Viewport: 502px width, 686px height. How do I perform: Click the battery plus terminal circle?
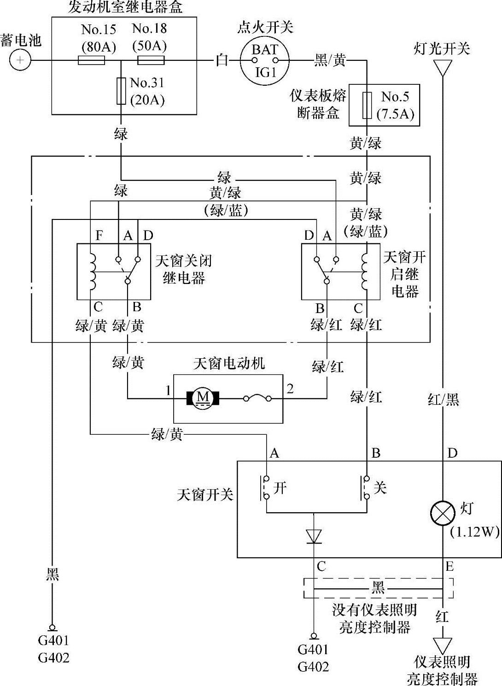pyautogui.click(x=20, y=60)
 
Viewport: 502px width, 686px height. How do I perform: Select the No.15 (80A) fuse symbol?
pyautogui.click(x=92, y=60)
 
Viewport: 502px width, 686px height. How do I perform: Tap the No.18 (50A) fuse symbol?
pyautogui.click(x=151, y=60)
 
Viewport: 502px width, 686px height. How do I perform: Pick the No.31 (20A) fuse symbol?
pyautogui.click(x=121, y=91)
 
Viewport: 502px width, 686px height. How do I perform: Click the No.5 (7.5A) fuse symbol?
pyautogui.click(x=367, y=105)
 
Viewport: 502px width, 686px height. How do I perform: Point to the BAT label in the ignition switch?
pyautogui.click(x=265, y=49)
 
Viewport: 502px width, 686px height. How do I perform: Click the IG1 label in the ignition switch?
pyautogui.click(x=266, y=72)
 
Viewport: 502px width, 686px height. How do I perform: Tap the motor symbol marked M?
pyautogui.click(x=203, y=398)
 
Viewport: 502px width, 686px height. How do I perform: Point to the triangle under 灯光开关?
pyautogui.click(x=442, y=68)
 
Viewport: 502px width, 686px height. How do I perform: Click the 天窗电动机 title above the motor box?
pyautogui.click(x=229, y=364)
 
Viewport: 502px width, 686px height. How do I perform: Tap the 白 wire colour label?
pyautogui.click(x=222, y=60)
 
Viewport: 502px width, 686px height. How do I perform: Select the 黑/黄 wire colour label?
pyautogui.click(x=330, y=60)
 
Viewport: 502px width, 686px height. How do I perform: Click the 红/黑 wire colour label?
pyautogui.click(x=443, y=400)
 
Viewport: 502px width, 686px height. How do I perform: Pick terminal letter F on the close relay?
pyautogui.click(x=99, y=236)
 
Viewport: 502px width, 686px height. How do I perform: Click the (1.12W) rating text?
pyautogui.click(x=475, y=532)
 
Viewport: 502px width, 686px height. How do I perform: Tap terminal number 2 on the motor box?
pyautogui.click(x=290, y=389)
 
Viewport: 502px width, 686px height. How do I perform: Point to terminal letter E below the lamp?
pyautogui.click(x=449, y=566)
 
